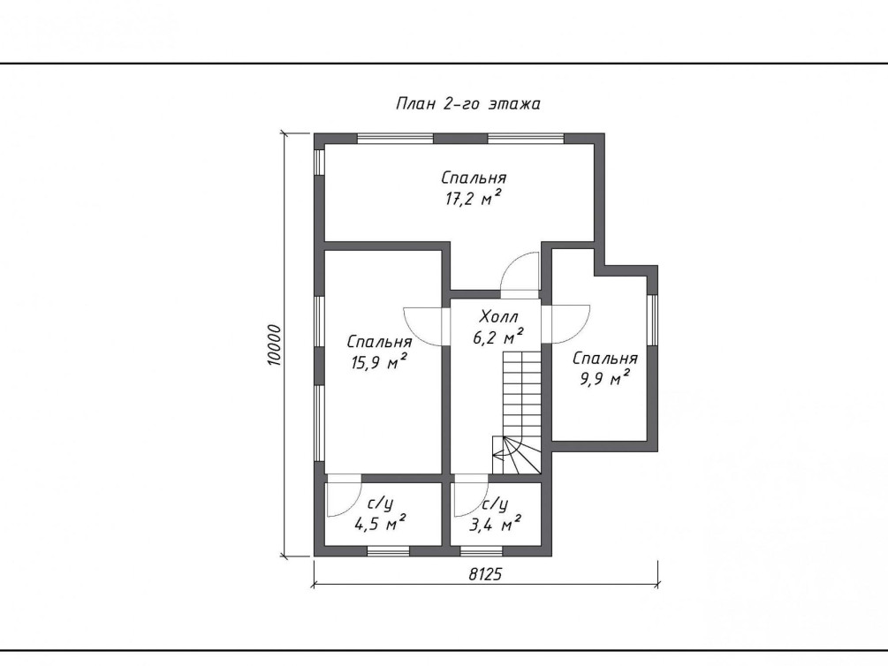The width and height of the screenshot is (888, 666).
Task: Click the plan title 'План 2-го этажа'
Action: pos(467,104)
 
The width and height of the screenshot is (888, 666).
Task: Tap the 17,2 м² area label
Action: pos(474,198)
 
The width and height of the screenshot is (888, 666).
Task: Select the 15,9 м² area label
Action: pos(379,361)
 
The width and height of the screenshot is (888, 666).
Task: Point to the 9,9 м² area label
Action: pos(605,377)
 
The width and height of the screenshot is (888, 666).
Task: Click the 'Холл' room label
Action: pos(499,316)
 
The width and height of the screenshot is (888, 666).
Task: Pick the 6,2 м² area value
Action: pos(497,337)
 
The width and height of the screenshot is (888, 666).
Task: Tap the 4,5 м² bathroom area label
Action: pos(380,523)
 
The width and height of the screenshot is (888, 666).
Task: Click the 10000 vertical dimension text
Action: pos(274,344)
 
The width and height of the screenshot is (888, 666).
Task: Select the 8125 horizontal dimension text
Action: pos(485,574)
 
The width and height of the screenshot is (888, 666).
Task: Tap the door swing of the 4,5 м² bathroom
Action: pos(344,498)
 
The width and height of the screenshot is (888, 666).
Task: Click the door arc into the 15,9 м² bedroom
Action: pos(422,326)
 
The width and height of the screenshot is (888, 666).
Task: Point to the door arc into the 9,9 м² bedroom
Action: pos(566,324)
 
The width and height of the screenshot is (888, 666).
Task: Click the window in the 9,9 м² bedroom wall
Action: pos(652,320)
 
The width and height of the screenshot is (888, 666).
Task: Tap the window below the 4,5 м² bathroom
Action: pos(388,550)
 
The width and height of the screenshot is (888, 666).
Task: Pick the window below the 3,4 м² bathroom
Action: pos(481,550)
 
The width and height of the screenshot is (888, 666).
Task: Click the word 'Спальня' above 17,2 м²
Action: pos(474,178)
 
